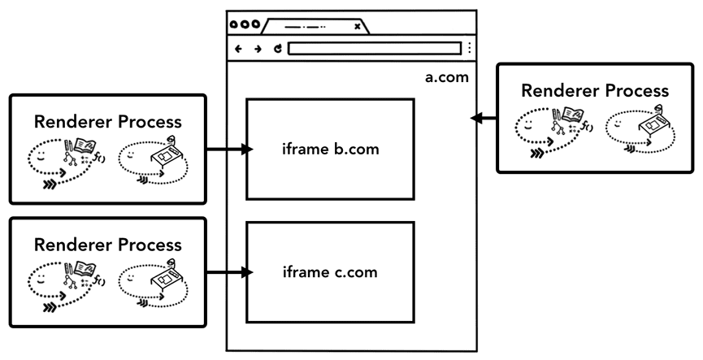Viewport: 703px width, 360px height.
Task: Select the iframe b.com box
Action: pos(330,150)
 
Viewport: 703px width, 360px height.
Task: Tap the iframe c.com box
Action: pos(330,271)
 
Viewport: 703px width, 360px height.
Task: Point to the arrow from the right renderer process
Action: pos(484,119)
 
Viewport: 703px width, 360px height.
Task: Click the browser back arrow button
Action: pos(238,49)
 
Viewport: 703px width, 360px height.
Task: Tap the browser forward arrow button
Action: pos(258,49)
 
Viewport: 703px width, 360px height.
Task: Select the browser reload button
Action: pos(277,49)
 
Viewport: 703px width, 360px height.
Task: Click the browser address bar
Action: pos(374,49)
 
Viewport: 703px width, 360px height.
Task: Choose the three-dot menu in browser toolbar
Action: pos(469,49)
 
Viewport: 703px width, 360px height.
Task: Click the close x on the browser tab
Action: pos(357,26)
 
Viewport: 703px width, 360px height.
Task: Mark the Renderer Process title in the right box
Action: pos(595,90)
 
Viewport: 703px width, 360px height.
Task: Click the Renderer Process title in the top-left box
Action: pos(108,122)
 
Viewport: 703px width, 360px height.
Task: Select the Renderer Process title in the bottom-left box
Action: pos(108,244)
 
